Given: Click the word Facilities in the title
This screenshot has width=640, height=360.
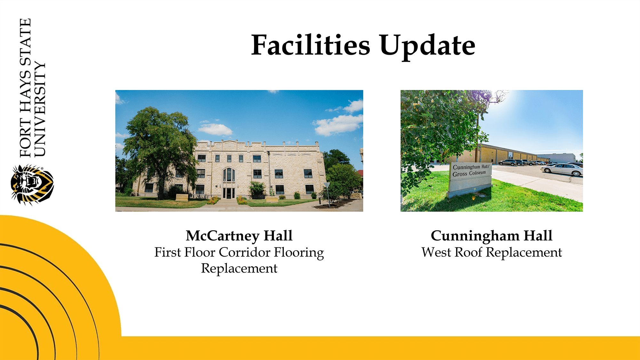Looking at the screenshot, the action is pyautogui.click(x=310, y=45).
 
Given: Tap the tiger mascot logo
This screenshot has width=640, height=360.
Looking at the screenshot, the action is pyautogui.click(x=32, y=185).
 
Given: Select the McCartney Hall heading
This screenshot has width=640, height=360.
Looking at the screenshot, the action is pyautogui.click(x=239, y=236).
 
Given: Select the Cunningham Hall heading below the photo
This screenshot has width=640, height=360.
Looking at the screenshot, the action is pyautogui.click(x=492, y=236).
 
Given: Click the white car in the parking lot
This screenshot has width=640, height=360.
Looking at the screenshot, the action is pyautogui.click(x=562, y=169).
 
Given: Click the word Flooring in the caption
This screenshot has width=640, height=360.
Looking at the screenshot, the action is pyautogui.click(x=299, y=252).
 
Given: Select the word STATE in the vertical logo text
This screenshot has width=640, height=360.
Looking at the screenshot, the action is pyautogui.click(x=26, y=42).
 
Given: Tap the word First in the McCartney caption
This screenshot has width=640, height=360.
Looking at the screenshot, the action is pyautogui.click(x=168, y=252).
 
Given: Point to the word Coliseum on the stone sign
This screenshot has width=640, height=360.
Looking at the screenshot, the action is pyautogui.click(x=477, y=173).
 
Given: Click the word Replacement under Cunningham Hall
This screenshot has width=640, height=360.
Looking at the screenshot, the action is pyautogui.click(x=524, y=253).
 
